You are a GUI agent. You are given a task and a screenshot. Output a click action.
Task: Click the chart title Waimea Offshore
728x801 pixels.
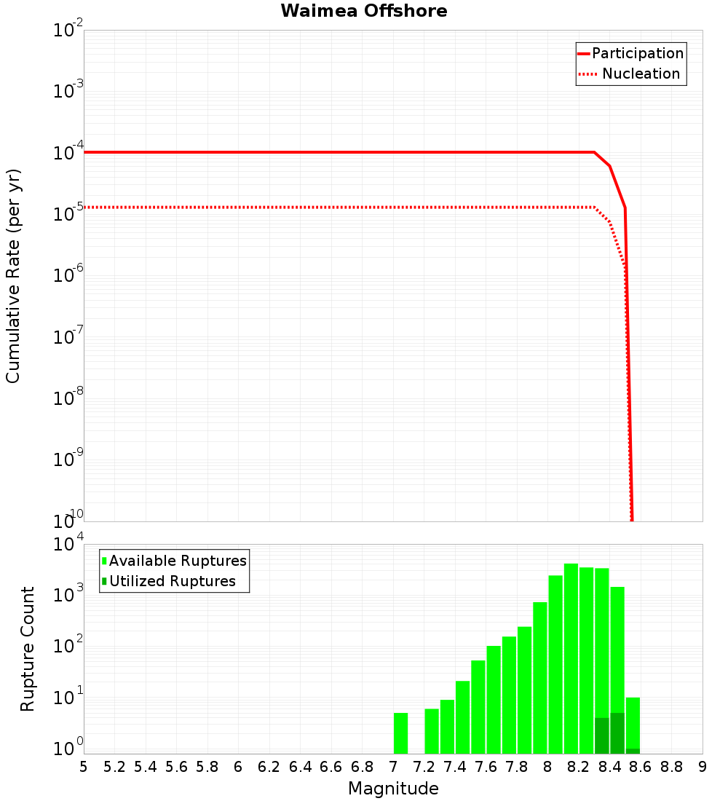click(x=364, y=12)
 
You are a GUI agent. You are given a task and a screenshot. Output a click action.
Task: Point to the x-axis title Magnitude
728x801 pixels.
click(x=393, y=789)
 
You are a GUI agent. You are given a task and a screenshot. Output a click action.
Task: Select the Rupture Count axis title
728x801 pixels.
click(x=28, y=649)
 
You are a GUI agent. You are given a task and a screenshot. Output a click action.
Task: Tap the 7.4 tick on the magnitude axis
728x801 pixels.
click(x=455, y=767)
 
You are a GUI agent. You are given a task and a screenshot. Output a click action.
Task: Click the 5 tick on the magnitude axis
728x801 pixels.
click(x=84, y=767)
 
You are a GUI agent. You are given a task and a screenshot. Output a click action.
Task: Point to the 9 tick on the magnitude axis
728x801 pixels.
click(x=703, y=767)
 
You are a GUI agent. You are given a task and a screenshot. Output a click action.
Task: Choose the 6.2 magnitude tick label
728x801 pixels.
click(x=269, y=767)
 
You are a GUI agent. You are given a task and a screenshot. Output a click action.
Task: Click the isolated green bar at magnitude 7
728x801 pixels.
click(x=400, y=733)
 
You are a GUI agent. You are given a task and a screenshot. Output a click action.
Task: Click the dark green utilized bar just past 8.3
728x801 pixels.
click(x=602, y=735)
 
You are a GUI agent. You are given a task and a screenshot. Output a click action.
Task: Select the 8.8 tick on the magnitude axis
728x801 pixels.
click(x=671, y=767)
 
